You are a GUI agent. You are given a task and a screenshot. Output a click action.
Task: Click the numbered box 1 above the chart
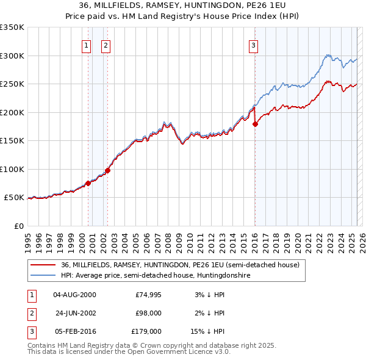click(x=86, y=45)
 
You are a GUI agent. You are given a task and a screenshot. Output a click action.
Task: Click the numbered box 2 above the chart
click(x=106, y=45)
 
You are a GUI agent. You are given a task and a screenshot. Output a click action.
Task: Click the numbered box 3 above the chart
click(x=253, y=45)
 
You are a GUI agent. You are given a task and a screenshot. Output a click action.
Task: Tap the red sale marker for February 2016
click(x=255, y=124)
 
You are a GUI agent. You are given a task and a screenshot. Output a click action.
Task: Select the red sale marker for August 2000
click(x=88, y=183)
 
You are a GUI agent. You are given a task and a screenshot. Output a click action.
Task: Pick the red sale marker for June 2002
click(x=108, y=170)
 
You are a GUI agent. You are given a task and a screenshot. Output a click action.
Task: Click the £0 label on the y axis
click(x=18, y=226)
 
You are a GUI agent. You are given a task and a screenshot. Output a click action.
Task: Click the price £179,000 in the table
click(x=147, y=332)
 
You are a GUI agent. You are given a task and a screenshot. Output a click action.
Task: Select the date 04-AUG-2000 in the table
click(x=74, y=294)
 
